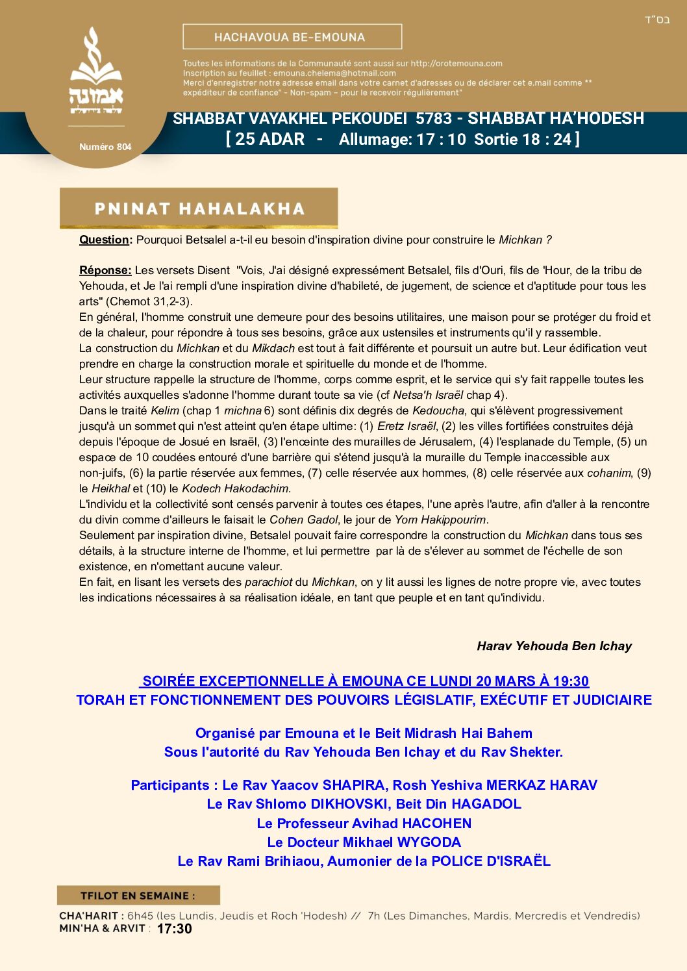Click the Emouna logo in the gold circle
[96, 71]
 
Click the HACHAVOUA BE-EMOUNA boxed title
[292, 37]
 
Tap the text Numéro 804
[105, 147]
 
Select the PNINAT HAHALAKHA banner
[199, 208]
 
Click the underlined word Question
[104, 240]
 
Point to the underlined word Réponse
[105, 270]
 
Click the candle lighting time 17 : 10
[441, 139]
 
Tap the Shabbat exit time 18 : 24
[547, 139]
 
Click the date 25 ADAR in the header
[269, 139]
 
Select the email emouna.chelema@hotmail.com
[334, 73]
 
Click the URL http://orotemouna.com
[456, 64]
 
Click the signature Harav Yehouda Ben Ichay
[554, 646]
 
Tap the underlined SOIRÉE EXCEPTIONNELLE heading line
[365, 681]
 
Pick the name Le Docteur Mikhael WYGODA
[364, 842]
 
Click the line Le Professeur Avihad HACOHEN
[364, 824]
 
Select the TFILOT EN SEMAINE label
[138, 896]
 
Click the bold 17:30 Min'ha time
[175, 929]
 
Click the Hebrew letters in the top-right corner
[656, 20]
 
